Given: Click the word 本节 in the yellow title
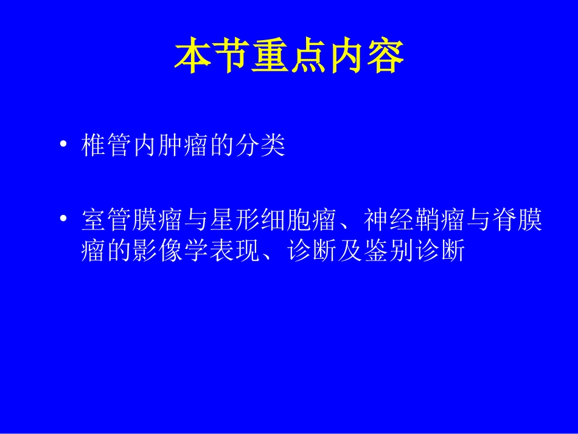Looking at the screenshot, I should [212, 58].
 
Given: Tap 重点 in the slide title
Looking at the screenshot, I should [289, 58].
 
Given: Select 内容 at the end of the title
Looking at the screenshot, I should [366, 58].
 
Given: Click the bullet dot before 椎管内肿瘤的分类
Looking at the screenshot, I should [63, 146].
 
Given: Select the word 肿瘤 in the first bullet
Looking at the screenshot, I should [183, 147].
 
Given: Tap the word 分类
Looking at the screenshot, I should [260, 147].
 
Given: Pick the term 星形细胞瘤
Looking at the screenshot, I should [273, 220].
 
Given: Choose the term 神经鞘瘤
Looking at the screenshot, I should [414, 220].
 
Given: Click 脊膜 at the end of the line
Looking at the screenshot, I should [515, 220].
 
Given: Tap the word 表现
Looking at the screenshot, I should [234, 250].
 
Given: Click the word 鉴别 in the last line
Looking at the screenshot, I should [388, 250].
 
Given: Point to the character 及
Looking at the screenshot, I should [349, 250].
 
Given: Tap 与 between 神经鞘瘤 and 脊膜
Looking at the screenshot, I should [477, 220].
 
